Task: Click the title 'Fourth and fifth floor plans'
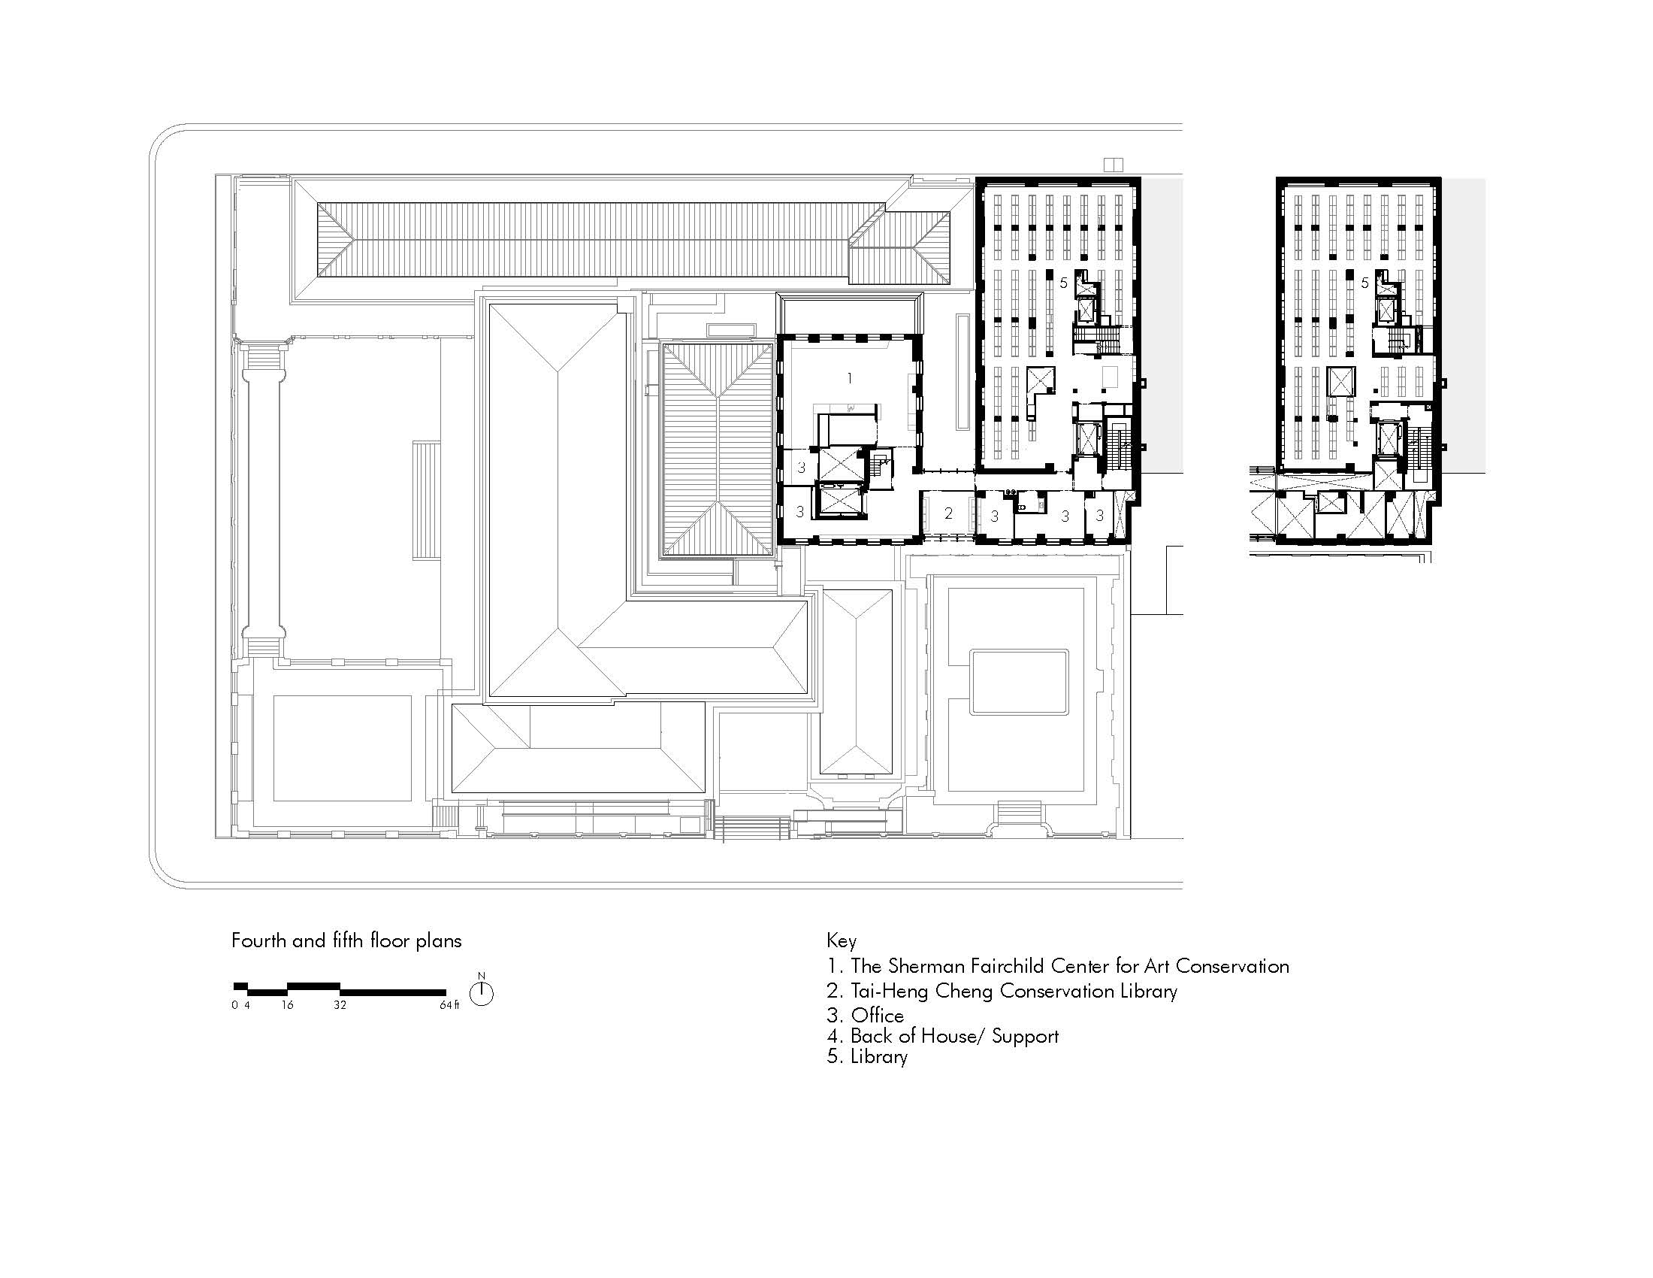pyautogui.click(x=346, y=941)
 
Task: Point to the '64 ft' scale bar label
pyautogui.click(x=449, y=1005)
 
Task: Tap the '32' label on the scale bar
pyautogui.click(x=340, y=1005)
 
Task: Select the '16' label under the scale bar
pyautogui.click(x=287, y=1005)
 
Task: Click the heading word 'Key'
pyautogui.click(x=842, y=941)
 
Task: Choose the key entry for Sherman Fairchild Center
pyautogui.click(x=1058, y=966)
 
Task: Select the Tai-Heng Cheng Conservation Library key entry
pyautogui.click(x=1002, y=991)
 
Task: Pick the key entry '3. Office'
pyautogui.click(x=865, y=1016)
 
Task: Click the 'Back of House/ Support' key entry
pyautogui.click(x=942, y=1036)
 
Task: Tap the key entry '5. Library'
pyautogui.click(x=867, y=1057)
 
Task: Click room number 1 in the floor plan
pyautogui.click(x=850, y=378)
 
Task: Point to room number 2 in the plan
pyautogui.click(x=948, y=513)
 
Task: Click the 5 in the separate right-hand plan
pyautogui.click(x=1364, y=283)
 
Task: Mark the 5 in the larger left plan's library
pyautogui.click(x=1063, y=283)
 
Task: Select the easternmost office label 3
pyautogui.click(x=1100, y=516)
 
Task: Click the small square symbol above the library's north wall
pyautogui.click(x=1114, y=165)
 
